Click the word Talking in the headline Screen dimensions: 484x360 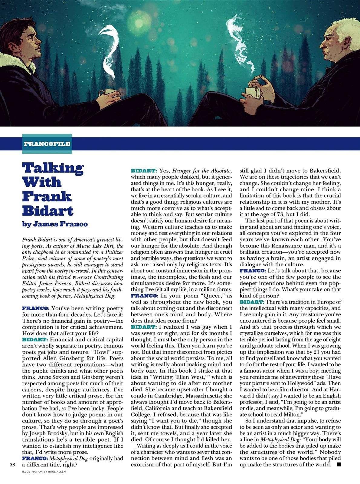coord(53,168)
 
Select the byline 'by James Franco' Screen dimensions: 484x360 coord(55,224)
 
